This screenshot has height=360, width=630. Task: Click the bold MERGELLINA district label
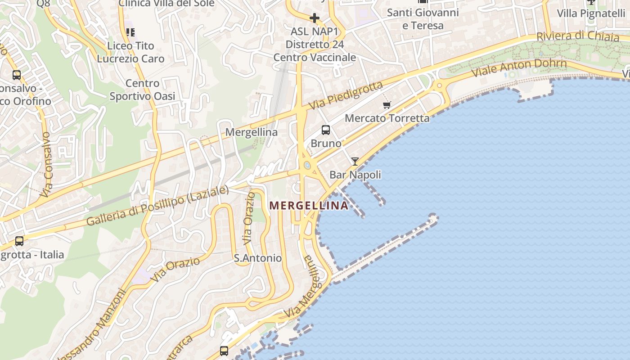(308, 206)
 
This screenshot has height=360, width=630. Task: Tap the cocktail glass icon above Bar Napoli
(355, 162)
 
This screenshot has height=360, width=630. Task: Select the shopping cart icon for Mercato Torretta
(387, 105)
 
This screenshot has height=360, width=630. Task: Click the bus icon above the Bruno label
(326, 130)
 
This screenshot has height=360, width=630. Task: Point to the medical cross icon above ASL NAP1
(315, 18)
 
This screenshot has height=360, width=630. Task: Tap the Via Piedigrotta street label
(346, 95)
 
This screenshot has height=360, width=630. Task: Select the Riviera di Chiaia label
(578, 36)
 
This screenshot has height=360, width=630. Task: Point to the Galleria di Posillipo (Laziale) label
(157, 206)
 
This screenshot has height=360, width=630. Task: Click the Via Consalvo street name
(46, 164)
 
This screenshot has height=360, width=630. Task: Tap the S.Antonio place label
(258, 258)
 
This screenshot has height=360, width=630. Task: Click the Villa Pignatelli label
(591, 13)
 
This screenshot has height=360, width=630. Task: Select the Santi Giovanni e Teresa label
(423, 19)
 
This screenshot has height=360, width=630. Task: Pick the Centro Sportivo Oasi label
(142, 90)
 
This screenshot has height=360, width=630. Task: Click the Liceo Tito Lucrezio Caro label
(130, 52)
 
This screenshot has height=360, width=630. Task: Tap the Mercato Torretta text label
(387, 118)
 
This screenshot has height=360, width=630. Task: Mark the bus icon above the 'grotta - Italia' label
(19, 241)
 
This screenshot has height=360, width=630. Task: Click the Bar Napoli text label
(355, 175)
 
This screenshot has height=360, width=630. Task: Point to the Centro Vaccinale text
(315, 58)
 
